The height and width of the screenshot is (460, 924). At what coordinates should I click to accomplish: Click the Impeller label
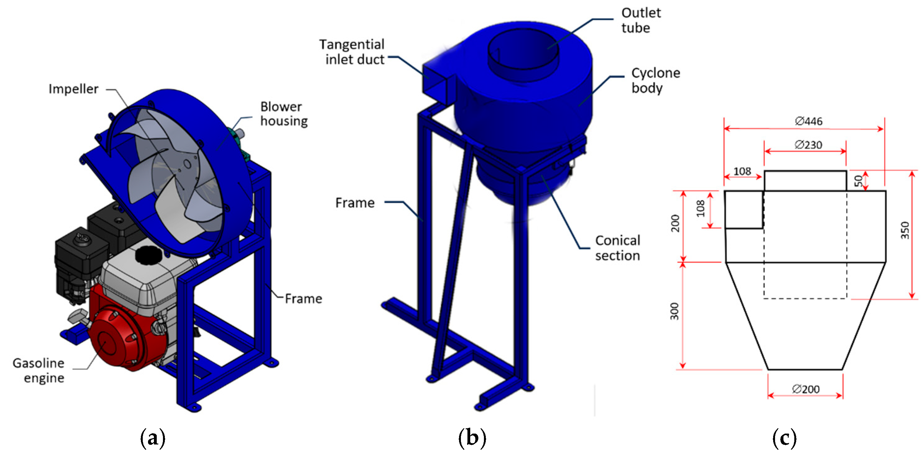pyautogui.click(x=73, y=89)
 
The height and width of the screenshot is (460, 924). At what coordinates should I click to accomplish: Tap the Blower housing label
pyautogui.click(x=284, y=114)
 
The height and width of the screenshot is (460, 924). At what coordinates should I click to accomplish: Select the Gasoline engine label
pyautogui.click(x=39, y=370)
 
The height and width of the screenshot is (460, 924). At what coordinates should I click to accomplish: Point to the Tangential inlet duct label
pyautogui.click(x=352, y=52)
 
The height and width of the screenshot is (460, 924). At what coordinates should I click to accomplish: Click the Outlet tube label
pyautogui.click(x=641, y=20)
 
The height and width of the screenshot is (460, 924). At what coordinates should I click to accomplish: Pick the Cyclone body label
pyautogui.click(x=656, y=80)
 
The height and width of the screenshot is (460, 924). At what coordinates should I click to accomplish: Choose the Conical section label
pyautogui.click(x=618, y=248)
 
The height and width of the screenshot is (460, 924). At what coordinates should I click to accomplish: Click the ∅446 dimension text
pyautogui.click(x=809, y=121)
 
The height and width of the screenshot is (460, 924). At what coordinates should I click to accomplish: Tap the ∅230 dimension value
pyautogui.click(x=808, y=145)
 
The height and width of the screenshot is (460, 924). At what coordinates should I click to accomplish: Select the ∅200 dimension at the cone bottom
pyautogui.click(x=806, y=389)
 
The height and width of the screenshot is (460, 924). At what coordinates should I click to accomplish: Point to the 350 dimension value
pyautogui.click(x=905, y=230)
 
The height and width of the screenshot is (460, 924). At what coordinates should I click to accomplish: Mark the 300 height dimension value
pyautogui.click(x=675, y=311)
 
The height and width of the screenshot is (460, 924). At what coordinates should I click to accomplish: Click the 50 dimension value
pyautogui.click(x=858, y=181)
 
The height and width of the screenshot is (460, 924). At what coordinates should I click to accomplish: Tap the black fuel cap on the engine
pyautogui.click(x=149, y=255)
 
